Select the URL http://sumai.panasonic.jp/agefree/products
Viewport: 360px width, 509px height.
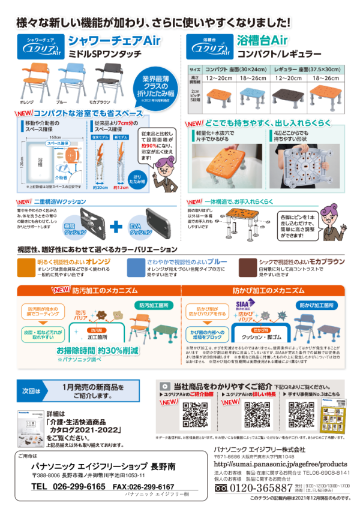pos(280,463)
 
